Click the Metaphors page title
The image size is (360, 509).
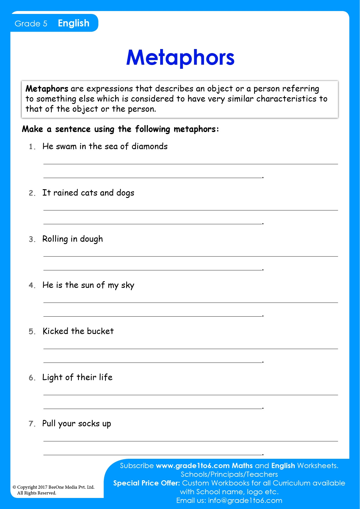(x=180, y=57)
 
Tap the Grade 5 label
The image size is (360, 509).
(x=31, y=24)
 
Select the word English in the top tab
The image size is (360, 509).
(x=74, y=23)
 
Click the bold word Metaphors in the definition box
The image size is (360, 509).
(x=47, y=89)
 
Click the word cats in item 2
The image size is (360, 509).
(x=89, y=193)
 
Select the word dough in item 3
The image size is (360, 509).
(x=91, y=239)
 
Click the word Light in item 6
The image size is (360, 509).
(x=53, y=377)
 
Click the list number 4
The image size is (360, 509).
(x=31, y=285)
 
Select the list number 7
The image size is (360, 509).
(x=31, y=424)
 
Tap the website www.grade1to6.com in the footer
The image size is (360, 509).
(x=193, y=466)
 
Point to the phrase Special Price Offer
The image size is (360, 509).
(x=146, y=483)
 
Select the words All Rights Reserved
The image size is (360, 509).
(x=37, y=493)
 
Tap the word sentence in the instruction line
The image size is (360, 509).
(x=73, y=129)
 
